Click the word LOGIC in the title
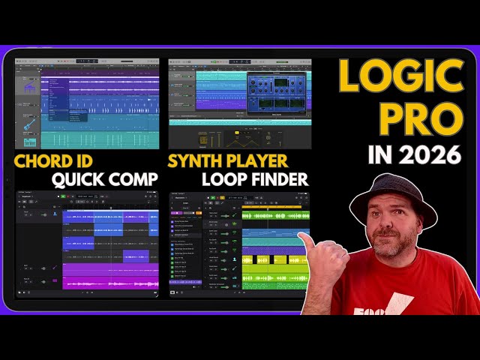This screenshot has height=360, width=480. tap(400, 76)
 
